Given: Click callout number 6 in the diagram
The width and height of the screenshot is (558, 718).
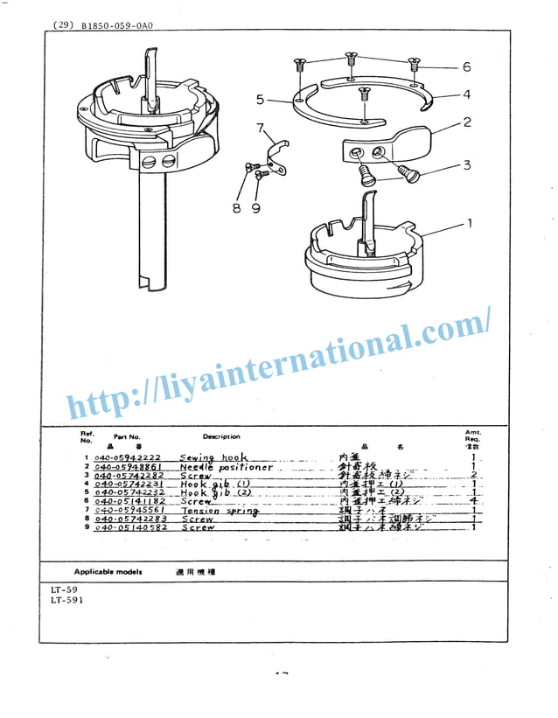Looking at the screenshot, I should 466,67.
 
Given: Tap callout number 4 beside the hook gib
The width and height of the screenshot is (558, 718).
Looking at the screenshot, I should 466,94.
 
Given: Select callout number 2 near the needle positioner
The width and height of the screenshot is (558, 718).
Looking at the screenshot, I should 467,122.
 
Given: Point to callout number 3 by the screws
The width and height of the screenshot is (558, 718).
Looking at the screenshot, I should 467,164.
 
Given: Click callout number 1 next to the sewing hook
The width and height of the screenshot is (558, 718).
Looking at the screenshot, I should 469,224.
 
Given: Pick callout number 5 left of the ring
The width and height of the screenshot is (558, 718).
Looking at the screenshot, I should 260,99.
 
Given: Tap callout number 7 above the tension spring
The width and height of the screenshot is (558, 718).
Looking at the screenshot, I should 260,129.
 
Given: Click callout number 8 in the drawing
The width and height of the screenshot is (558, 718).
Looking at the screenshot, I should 237,208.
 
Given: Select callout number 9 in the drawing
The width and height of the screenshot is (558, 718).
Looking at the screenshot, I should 255,208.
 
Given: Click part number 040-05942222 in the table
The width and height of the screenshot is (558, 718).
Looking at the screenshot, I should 126,458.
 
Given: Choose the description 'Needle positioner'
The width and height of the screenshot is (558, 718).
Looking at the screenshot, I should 226,467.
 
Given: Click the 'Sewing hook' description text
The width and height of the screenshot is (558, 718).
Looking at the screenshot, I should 213,457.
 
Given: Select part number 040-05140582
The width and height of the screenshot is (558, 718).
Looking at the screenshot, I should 126,528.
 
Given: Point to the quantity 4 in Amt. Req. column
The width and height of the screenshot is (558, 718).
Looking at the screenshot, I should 472,502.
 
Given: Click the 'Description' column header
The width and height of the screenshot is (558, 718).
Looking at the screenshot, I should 221,436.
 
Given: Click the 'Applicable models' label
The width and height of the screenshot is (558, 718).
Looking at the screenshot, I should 108,570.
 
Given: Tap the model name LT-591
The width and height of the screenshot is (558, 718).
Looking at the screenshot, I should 65,600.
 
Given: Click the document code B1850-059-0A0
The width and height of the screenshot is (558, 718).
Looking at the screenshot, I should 116,26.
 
